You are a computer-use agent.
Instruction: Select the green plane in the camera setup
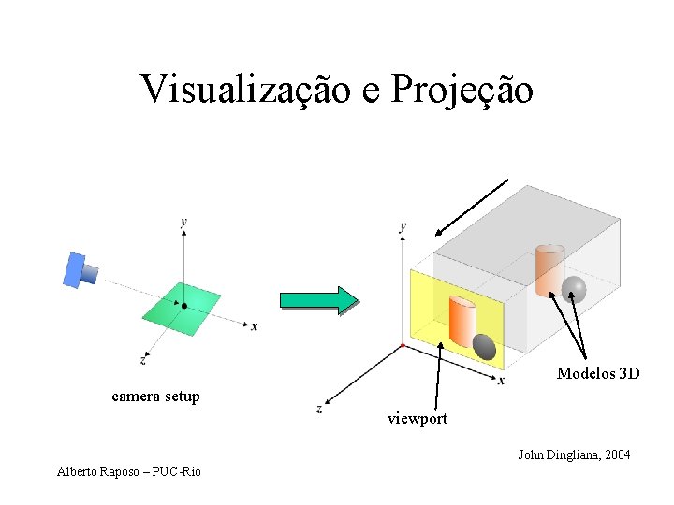tap(182, 310)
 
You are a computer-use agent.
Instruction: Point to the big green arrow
tap(318, 298)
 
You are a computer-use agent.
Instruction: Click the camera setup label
tap(155, 397)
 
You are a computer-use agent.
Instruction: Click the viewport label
tap(418, 419)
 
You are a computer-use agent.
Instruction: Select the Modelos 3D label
tap(598, 374)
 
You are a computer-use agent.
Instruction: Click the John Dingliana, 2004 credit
tap(574, 455)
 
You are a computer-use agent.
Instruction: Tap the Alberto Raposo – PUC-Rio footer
tap(128, 471)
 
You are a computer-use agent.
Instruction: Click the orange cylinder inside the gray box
tap(549, 269)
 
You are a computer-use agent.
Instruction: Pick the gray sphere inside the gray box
tap(573, 290)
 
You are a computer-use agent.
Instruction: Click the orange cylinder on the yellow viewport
tap(462, 321)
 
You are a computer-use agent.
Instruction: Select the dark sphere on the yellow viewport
tap(484, 347)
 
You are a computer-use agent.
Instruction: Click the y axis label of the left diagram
tap(183, 222)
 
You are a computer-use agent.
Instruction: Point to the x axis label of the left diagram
tap(254, 326)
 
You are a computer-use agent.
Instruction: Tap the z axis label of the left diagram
tap(142, 358)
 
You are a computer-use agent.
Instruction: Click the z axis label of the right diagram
tap(319, 408)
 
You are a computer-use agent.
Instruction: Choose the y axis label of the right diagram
tap(403, 227)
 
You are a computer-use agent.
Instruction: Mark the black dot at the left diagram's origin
tap(184, 306)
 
